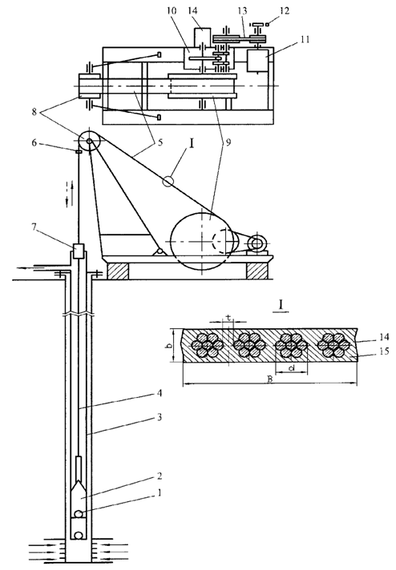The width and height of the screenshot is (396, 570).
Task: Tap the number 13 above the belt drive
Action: tap(242, 10)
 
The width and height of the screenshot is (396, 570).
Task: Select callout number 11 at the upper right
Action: tap(304, 39)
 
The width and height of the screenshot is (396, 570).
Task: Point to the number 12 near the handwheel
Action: tap(285, 10)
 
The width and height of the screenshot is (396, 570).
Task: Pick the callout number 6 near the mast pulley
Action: tap(34, 142)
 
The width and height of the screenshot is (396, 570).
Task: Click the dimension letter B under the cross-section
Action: tap(269, 379)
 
